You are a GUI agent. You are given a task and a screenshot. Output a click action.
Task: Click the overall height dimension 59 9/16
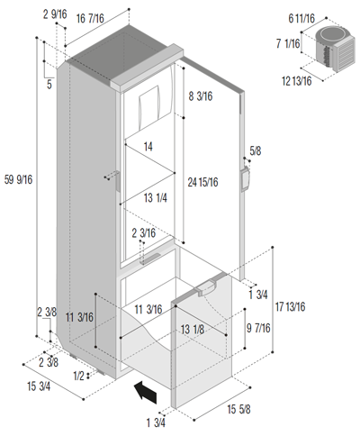(x=18, y=179)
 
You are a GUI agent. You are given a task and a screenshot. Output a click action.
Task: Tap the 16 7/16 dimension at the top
(x=90, y=18)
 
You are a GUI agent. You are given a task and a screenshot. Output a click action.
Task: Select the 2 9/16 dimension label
(x=55, y=14)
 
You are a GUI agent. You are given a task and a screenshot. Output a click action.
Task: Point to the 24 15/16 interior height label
(x=202, y=182)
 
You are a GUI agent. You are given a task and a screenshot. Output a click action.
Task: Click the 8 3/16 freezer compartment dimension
(x=201, y=96)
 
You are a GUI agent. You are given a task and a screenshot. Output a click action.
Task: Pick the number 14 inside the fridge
(x=148, y=147)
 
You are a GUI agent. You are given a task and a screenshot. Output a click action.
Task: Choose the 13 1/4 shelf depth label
(x=156, y=197)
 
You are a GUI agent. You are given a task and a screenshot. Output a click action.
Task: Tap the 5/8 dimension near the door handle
(x=256, y=150)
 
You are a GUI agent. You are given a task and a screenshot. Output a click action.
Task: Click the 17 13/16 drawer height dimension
(x=290, y=306)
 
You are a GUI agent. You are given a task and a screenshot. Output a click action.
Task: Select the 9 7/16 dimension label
(x=258, y=328)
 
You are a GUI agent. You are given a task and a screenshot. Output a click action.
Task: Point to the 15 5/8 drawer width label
(x=238, y=409)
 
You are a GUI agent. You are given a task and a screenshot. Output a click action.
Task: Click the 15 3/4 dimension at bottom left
(x=39, y=386)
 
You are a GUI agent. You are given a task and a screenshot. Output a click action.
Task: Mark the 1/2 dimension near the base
(x=79, y=376)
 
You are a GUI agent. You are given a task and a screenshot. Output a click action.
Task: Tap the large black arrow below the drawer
(x=146, y=393)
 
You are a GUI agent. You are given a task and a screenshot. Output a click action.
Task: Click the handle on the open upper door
(x=245, y=179)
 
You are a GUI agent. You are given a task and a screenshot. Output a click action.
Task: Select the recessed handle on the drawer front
(x=206, y=286)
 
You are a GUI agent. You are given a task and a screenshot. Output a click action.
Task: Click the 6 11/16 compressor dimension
(x=301, y=18)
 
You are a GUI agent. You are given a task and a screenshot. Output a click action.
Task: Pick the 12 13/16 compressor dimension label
(x=297, y=81)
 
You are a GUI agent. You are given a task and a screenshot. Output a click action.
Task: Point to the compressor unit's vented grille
(x=346, y=54)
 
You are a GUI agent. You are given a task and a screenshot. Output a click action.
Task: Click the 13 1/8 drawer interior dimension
(x=193, y=330)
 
